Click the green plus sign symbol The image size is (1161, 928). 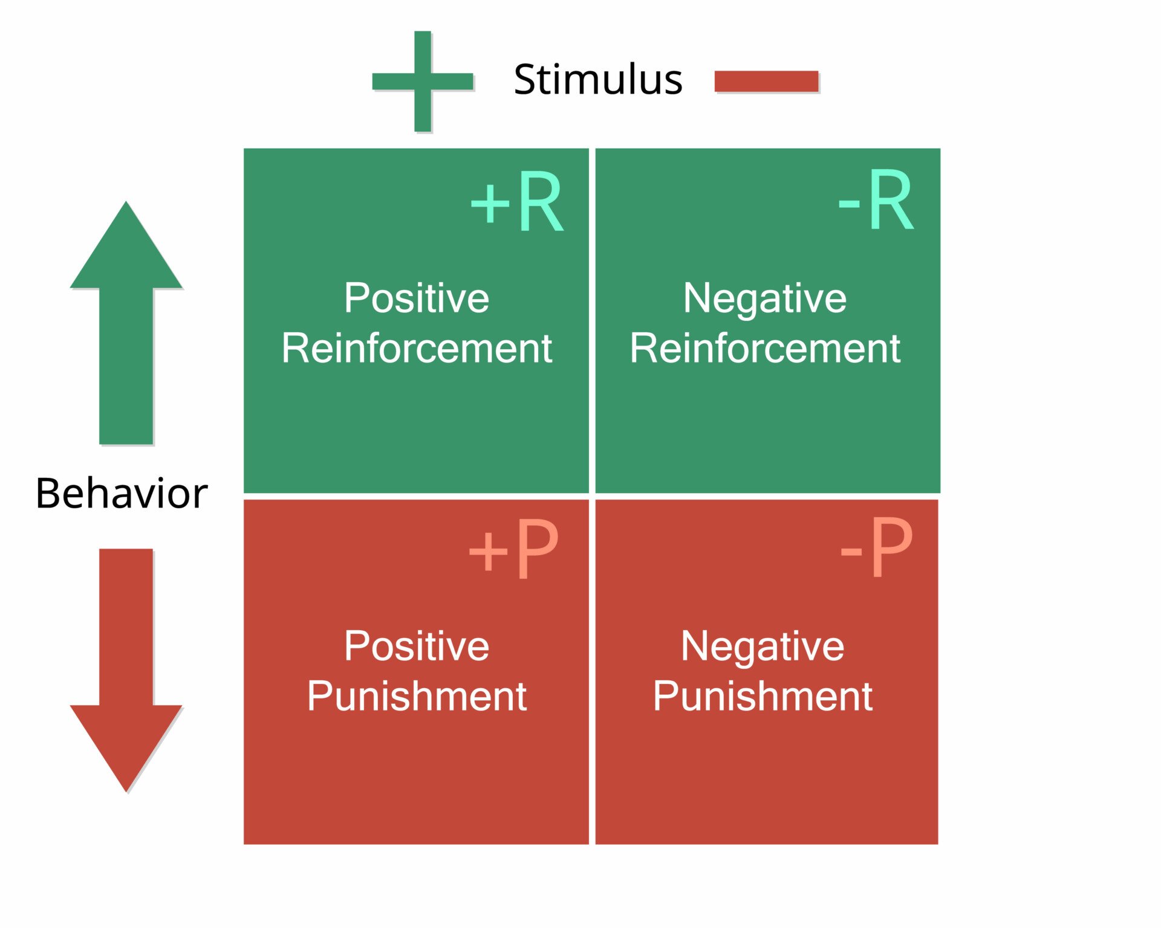pyautogui.click(x=422, y=81)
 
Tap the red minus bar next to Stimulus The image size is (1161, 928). pyautogui.click(x=766, y=81)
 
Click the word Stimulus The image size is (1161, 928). pyautogui.click(x=597, y=79)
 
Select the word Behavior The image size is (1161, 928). pyautogui.click(x=121, y=494)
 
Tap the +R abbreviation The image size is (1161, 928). pyautogui.click(x=517, y=202)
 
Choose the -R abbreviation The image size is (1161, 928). pyautogui.click(x=876, y=201)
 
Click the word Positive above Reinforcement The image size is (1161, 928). pyautogui.click(x=416, y=298)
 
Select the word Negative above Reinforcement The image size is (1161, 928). pyautogui.click(x=764, y=298)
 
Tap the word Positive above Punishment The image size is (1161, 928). pyautogui.click(x=416, y=646)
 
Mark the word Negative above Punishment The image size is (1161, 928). pyautogui.click(x=763, y=646)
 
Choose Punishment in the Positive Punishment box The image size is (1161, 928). pyautogui.click(x=416, y=696)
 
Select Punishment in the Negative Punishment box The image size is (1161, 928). pyautogui.click(x=763, y=696)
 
